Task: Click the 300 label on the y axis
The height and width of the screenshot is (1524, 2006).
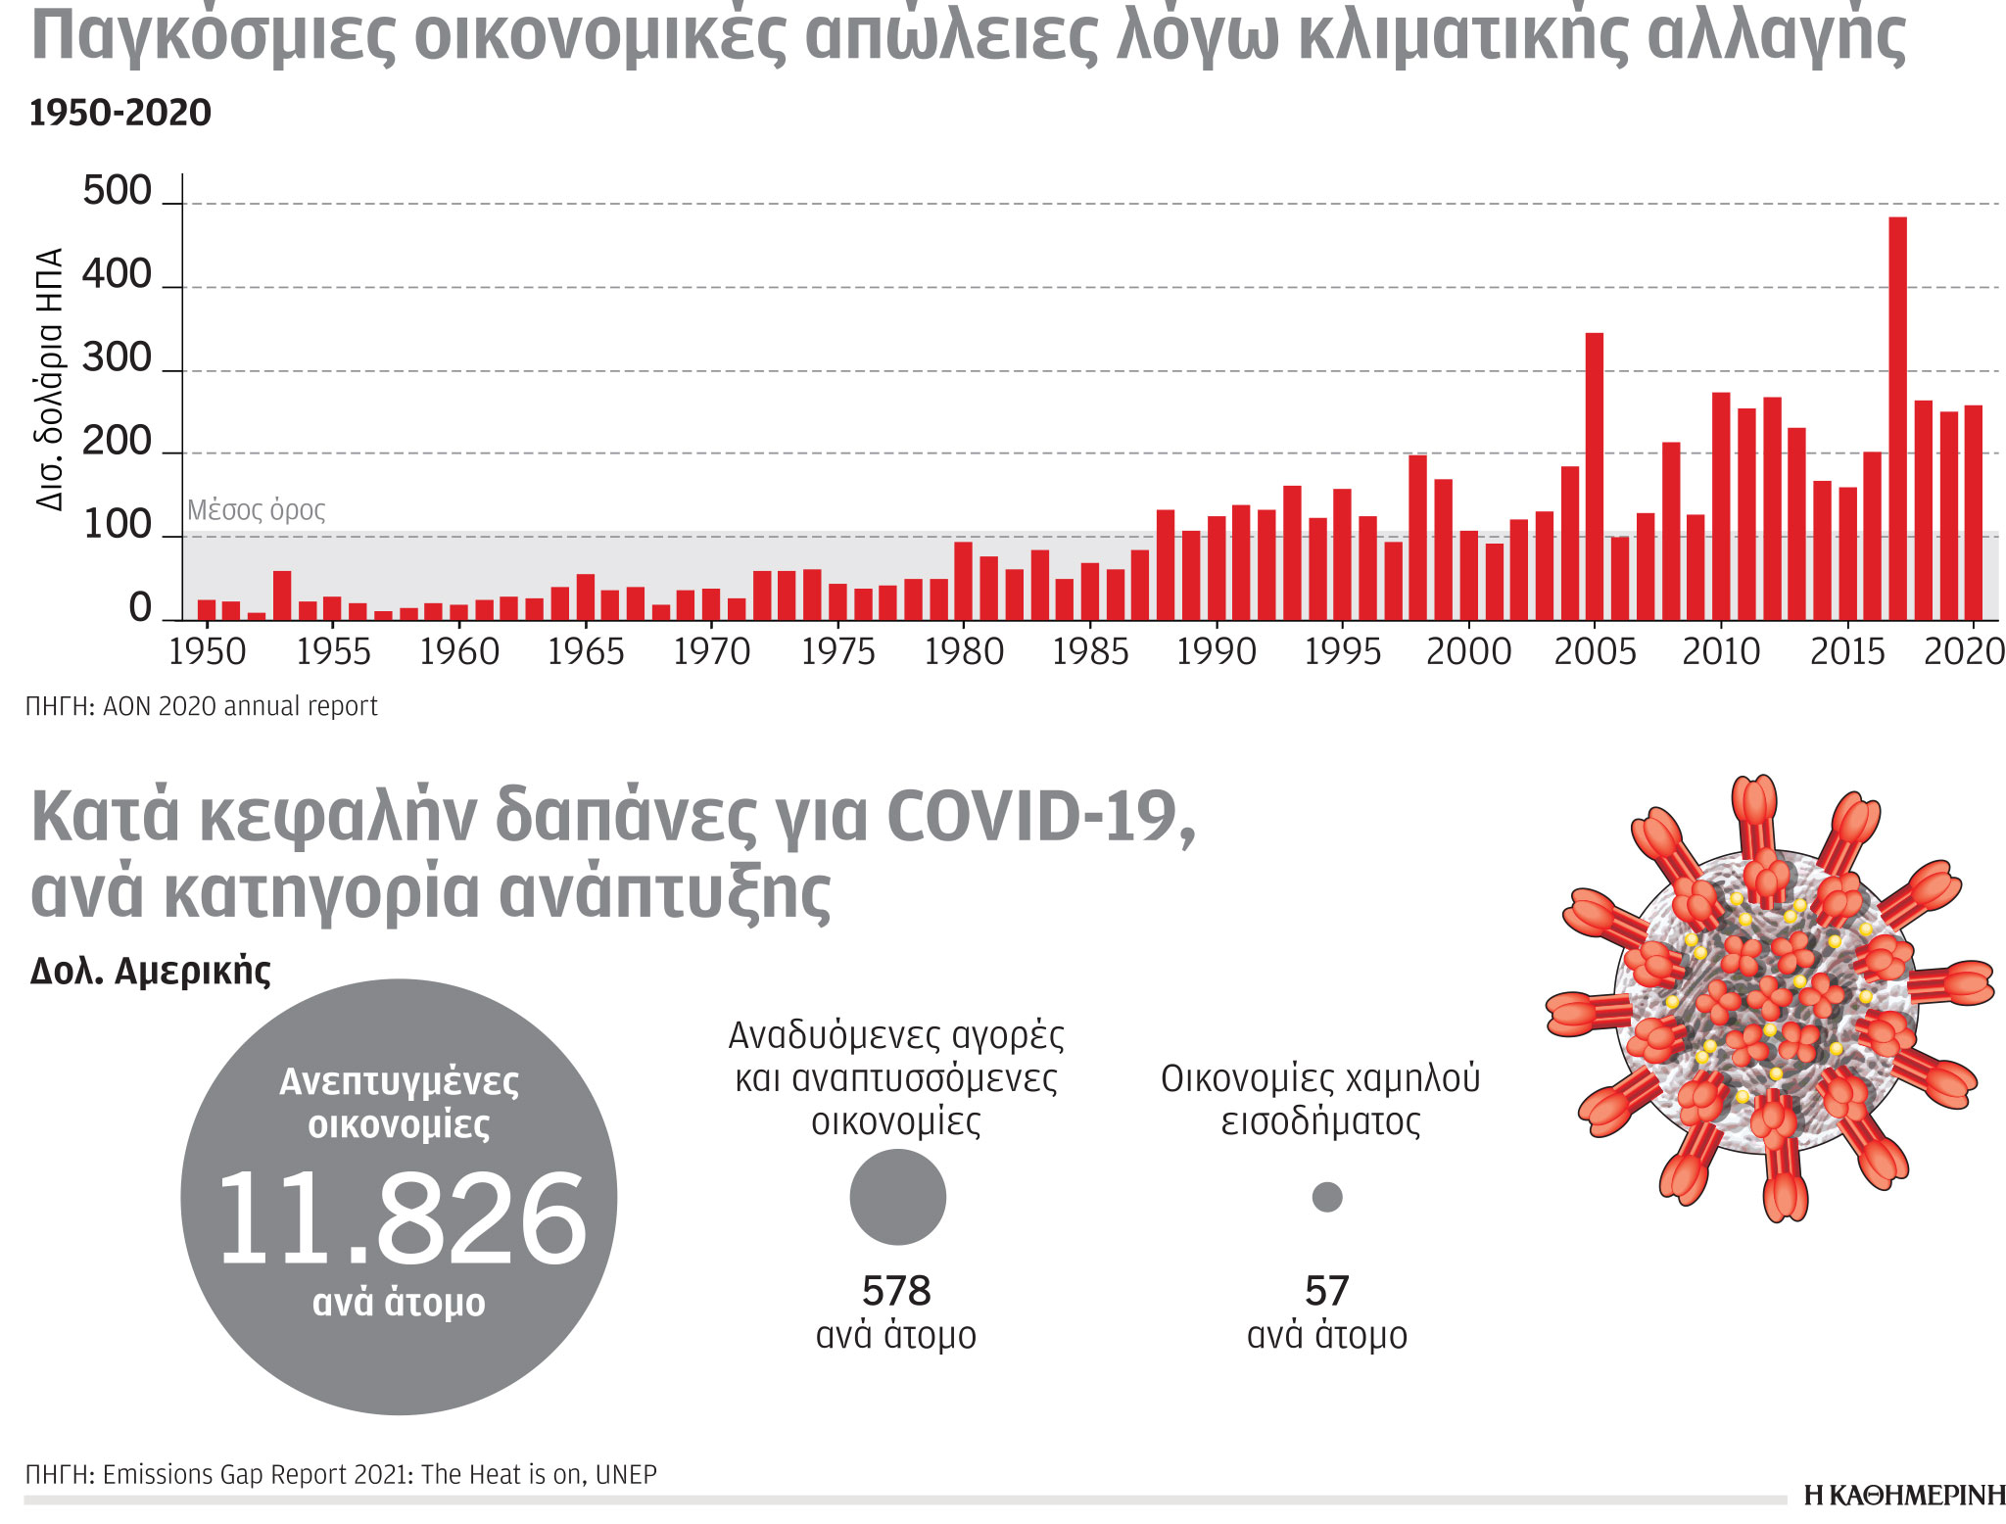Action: pyautogui.click(x=118, y=358)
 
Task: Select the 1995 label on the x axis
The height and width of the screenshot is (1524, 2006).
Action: pyautogui.click(x=1342, y=651)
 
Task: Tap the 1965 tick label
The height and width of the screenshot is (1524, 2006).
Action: pyautogui.click(x=585, y=651)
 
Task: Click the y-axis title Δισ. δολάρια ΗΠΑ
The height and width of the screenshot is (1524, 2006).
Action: pyautogui.click(x=50, y=379)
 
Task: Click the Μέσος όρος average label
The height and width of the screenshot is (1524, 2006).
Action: pyautogui.click(x=256, y=510)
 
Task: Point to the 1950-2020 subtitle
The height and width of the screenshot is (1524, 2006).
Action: pyautogui.click(x=120, y=114)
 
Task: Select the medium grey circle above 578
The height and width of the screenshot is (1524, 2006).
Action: pyautogui.click(x=897, y=1197)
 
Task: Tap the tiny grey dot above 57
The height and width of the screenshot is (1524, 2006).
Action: pyautogui.click(x=1326, y=1197)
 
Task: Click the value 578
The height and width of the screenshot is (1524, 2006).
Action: pyautogui.click(x=896, y=1291)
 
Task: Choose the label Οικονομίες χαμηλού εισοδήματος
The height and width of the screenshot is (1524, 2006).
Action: pyautogui.click(x=1320, y=1099)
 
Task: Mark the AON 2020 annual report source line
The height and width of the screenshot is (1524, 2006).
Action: pyautogui.click(x=202, y=706)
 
